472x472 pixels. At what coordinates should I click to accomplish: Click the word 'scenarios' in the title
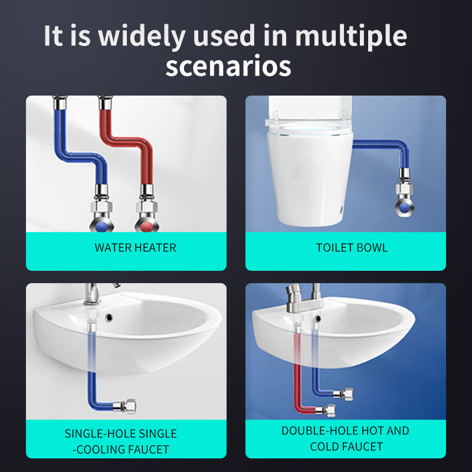(x=228, y=66)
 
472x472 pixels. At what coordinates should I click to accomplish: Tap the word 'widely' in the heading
(x=142, y=36)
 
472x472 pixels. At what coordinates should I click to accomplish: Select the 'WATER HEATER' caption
(x=135, y=248)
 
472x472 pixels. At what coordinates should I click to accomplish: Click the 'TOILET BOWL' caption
(x=352, y=248)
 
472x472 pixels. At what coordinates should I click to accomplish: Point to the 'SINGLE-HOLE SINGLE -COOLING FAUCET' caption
(x=121, y=441)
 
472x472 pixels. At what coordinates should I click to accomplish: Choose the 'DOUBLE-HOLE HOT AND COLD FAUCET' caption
(x=345, y=438)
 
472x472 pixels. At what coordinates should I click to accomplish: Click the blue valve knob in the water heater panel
(x=102, y=227)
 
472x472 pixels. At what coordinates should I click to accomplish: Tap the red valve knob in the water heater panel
(x=147, y=227)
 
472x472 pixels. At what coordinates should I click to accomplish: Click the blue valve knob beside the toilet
(x=405, y=208)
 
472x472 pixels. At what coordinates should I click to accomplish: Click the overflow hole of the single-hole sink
(x=109, y=317)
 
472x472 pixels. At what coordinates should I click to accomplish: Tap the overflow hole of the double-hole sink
(x=318, y=318)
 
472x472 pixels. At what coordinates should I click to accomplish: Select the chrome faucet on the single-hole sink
(x=93, y=293)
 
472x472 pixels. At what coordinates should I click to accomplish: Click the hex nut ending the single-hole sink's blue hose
(x=131, y=407)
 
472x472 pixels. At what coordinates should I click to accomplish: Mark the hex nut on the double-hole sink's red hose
(x=330, y=411)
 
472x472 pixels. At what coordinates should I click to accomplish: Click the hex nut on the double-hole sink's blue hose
(x=348, y=394)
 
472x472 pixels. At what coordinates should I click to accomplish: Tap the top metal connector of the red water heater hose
(x=106, y=103)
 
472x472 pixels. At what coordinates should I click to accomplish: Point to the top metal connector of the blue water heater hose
(x=60, y=103)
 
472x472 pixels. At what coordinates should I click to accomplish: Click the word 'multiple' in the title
(x=351, y=36)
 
